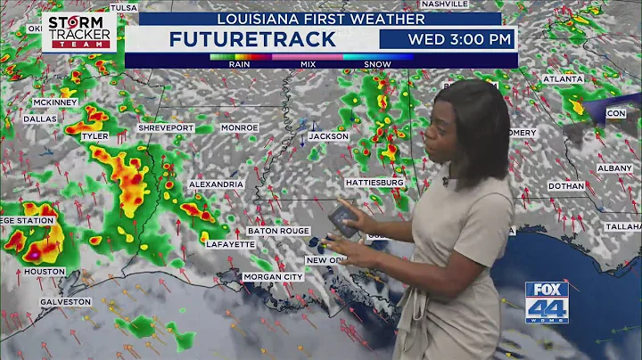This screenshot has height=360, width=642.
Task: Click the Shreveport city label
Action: click(x=166, y=128)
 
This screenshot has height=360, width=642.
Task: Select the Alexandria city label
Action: click(x=216, y=184)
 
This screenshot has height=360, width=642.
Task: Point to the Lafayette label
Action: click(x=230, y=243)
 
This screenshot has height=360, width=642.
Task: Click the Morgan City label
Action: click(x=273, y=277)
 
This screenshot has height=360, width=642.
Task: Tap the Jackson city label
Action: click(x=328, y=136)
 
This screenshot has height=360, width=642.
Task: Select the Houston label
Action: click(x=44, y=271)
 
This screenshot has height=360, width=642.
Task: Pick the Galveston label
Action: click(x=65, y=301)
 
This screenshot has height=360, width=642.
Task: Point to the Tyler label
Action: click(x=95, y=136)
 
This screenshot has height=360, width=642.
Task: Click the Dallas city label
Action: click(x=40, y=119)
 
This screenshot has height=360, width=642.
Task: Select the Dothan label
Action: click(x=566, y=185)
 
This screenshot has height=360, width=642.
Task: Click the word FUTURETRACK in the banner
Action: click(x=251, y=39)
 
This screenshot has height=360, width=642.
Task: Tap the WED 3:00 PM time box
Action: click(x=459, y=39)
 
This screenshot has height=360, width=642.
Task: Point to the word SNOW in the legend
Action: click(x=380, y=63)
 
